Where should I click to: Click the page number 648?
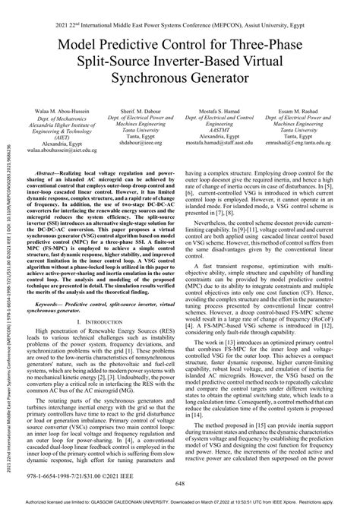179,482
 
